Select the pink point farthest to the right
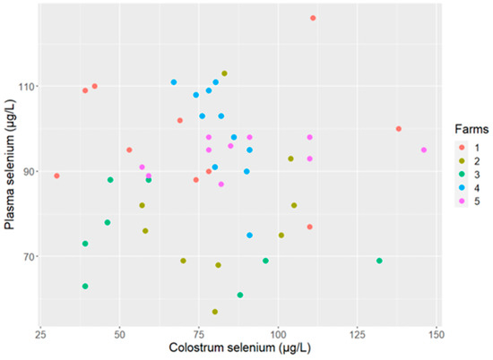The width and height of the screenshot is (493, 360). click(x=424, y=150)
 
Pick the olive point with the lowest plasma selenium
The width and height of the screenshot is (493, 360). click(x=215, y=312)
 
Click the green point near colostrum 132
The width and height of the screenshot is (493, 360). click(x=379, y=261)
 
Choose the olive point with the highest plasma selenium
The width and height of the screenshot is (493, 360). click(x=224, y=73)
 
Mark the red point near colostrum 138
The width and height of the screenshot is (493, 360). click(x=399, y=129)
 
